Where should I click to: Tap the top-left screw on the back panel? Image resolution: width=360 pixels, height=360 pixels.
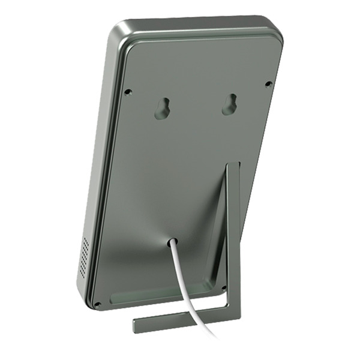tap(128, 92)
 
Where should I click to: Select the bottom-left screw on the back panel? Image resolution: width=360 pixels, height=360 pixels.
tap(97, 304)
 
